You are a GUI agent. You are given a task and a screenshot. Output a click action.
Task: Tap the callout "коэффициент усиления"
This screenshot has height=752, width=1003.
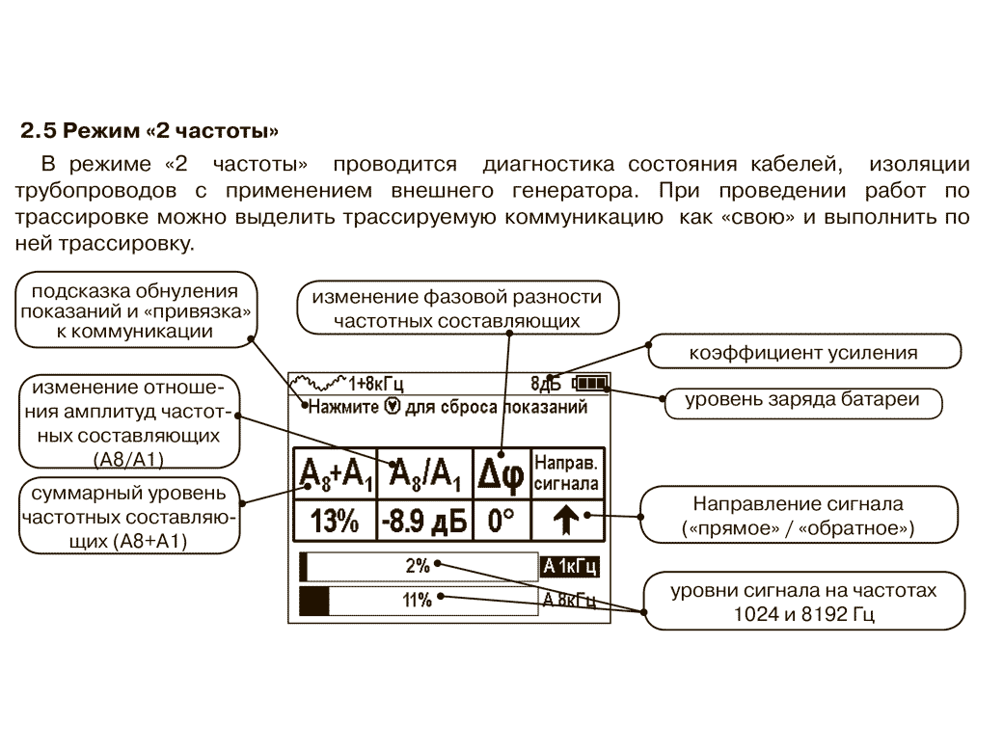(x=803, y=352)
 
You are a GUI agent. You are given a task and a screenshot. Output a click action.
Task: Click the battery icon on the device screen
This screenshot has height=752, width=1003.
(x=589, y=384)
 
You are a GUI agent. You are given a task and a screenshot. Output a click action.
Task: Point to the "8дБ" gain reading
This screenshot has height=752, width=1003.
(x=546, y=384)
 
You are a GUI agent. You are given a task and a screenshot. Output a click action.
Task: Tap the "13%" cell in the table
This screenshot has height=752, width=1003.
(x=333, y=522)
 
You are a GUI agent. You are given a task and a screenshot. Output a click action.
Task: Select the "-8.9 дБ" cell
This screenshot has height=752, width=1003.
(x=423, y=522)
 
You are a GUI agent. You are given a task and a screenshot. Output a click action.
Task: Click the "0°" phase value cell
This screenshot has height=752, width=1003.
(x=501, y=522)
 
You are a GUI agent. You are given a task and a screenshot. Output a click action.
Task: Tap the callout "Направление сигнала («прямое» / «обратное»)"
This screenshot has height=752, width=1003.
(x=803, y=516)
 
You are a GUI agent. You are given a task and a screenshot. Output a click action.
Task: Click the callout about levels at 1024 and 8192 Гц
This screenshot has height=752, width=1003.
(x=803, y=601)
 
